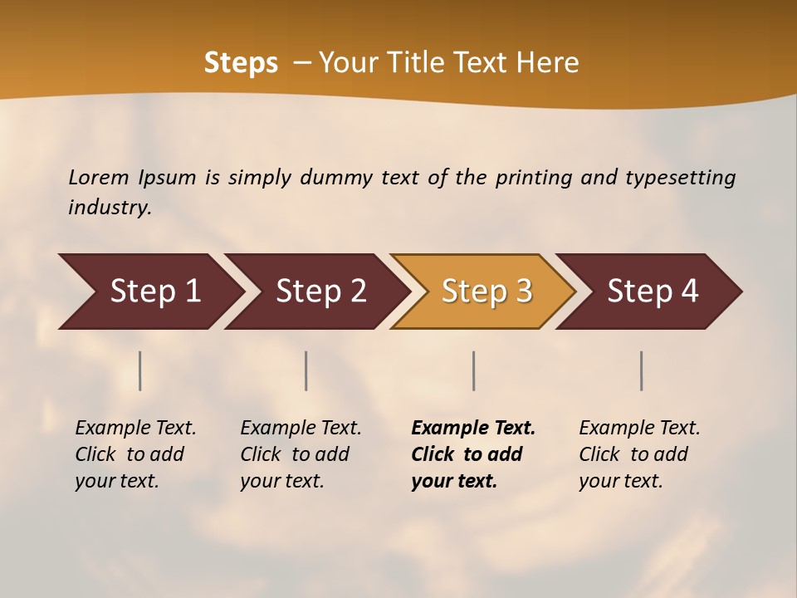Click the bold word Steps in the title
[x=241, y=63]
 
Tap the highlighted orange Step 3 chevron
[x=487, y=292]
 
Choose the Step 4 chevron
[x=653, y=292]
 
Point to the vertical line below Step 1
[x=140, y=370]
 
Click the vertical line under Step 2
[x=306, y=370]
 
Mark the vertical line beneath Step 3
[x=474, y=370]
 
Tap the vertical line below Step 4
[x=642, y=370]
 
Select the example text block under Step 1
[x=135, y=454]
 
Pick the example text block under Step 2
[x=301, y=454]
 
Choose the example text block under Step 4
[x=639, y=454]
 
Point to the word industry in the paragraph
[x=110, y=208]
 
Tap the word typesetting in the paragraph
[x=680, y=178]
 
